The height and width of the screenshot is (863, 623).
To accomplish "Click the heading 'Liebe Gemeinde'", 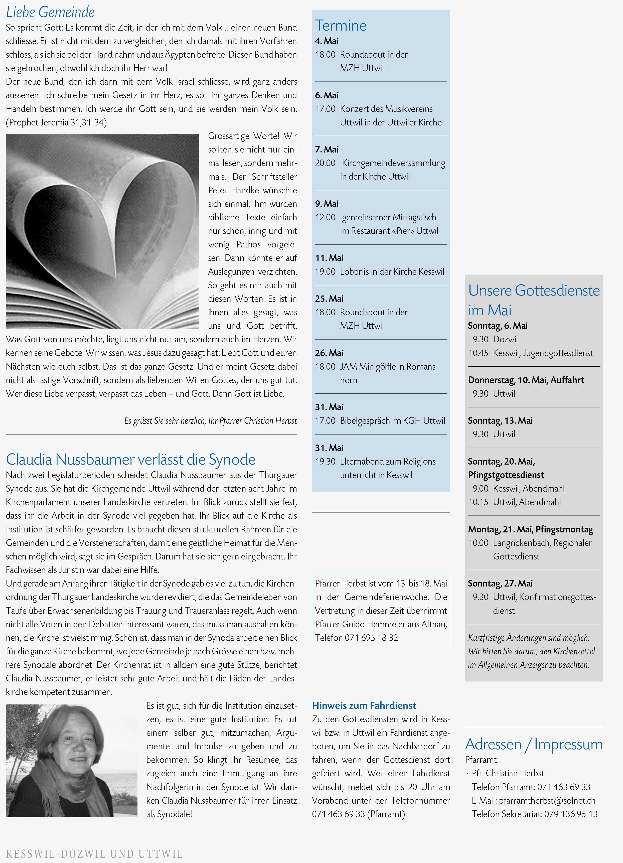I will [50, 12].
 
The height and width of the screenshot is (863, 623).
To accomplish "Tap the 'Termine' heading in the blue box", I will [341, 26].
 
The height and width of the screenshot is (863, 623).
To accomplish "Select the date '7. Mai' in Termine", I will [327, 149].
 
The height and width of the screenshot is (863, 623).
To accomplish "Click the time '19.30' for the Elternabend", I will [325, 461].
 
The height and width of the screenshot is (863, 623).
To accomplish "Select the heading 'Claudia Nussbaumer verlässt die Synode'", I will [130, 459].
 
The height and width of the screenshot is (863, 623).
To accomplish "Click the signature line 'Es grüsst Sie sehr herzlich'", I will [210, 420].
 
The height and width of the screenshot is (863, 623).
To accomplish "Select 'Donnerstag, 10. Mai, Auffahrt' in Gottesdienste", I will [526, 380].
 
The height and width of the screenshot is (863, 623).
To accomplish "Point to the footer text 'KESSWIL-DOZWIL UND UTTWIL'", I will [94, 853].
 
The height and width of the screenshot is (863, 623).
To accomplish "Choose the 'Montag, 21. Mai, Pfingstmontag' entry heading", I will [530, 529].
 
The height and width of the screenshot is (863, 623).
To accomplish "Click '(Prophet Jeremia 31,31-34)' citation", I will [56, 122].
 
